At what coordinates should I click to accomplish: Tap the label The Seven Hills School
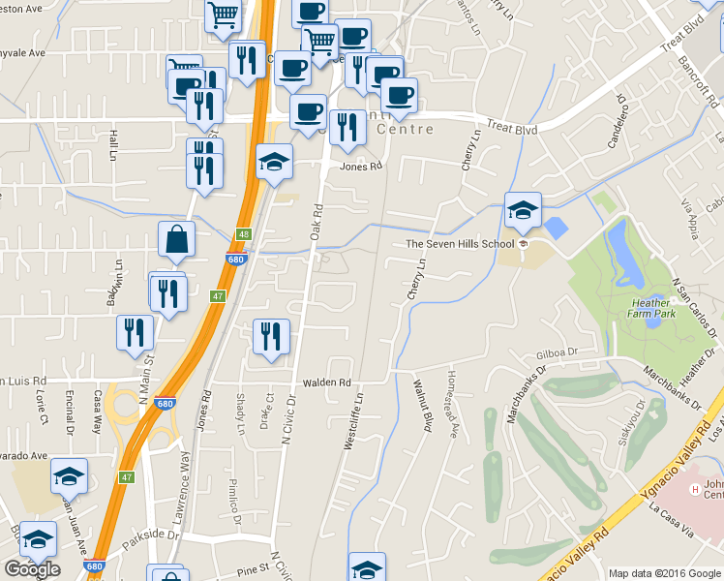coord(460,244)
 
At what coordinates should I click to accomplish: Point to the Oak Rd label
coord(316,222)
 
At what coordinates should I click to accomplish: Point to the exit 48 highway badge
coord(242,234)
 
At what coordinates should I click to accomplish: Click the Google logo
coord(32,569)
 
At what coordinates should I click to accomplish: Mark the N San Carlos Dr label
coord(694,310)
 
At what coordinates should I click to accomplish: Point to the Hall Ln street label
coord(113,145)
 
